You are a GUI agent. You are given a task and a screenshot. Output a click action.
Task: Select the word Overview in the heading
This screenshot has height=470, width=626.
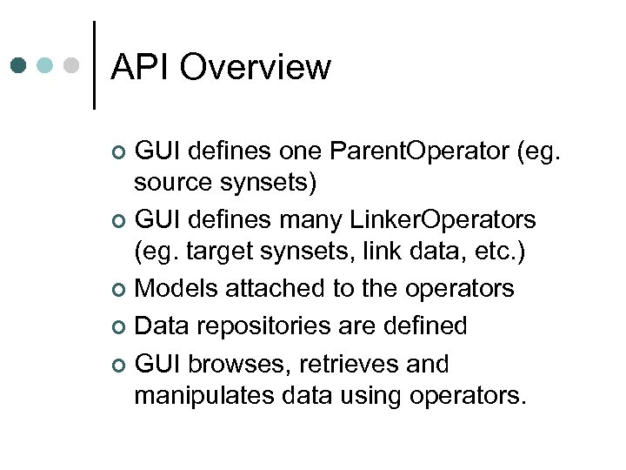click(256, 67)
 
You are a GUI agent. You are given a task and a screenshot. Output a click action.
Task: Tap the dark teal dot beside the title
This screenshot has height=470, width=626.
click(19, 65)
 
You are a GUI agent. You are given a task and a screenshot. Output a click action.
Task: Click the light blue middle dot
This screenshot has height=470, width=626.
click(46, 65)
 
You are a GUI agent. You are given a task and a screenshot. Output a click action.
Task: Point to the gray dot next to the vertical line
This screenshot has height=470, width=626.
click(72, 65)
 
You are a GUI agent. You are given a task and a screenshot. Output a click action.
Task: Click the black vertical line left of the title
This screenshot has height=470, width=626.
click(94, 65)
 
